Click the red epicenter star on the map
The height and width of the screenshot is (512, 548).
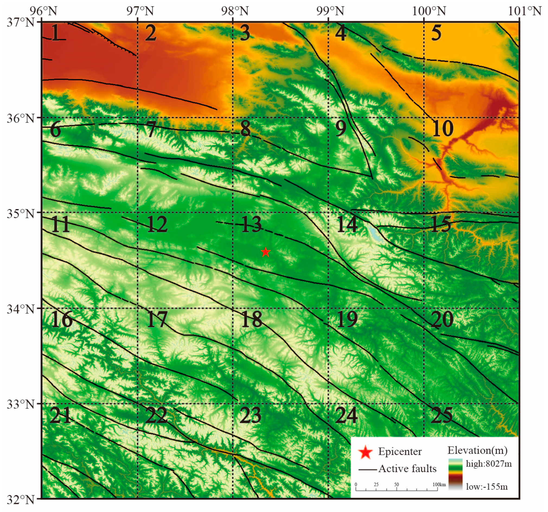265,252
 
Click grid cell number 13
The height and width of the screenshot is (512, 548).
251,224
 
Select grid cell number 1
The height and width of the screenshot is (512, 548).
56,33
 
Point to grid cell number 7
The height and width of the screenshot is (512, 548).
151,129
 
